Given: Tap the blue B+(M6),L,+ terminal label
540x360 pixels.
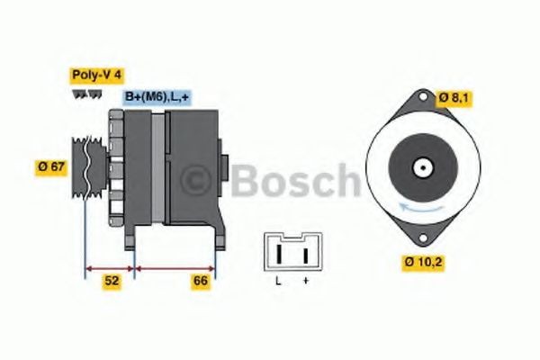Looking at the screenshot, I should click(156, 96).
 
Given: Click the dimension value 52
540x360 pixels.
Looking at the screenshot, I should click(112, 281).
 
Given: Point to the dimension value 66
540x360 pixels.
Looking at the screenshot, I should click(201, 281).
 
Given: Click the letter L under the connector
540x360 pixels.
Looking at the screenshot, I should click(279, 283).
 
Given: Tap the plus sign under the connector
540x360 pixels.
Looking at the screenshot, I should click(305, 283).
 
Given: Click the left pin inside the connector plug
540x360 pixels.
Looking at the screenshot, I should click(279, 254).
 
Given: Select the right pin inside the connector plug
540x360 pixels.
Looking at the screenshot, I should click(305, 254).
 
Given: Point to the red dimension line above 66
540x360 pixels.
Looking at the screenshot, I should click(175, 267).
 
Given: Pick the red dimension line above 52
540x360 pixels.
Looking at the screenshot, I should click(110, 267).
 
